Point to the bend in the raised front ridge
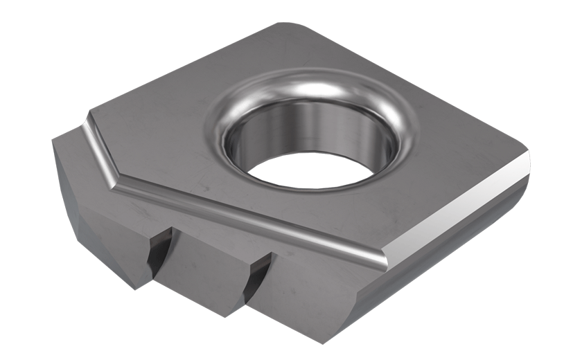(115, 183)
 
